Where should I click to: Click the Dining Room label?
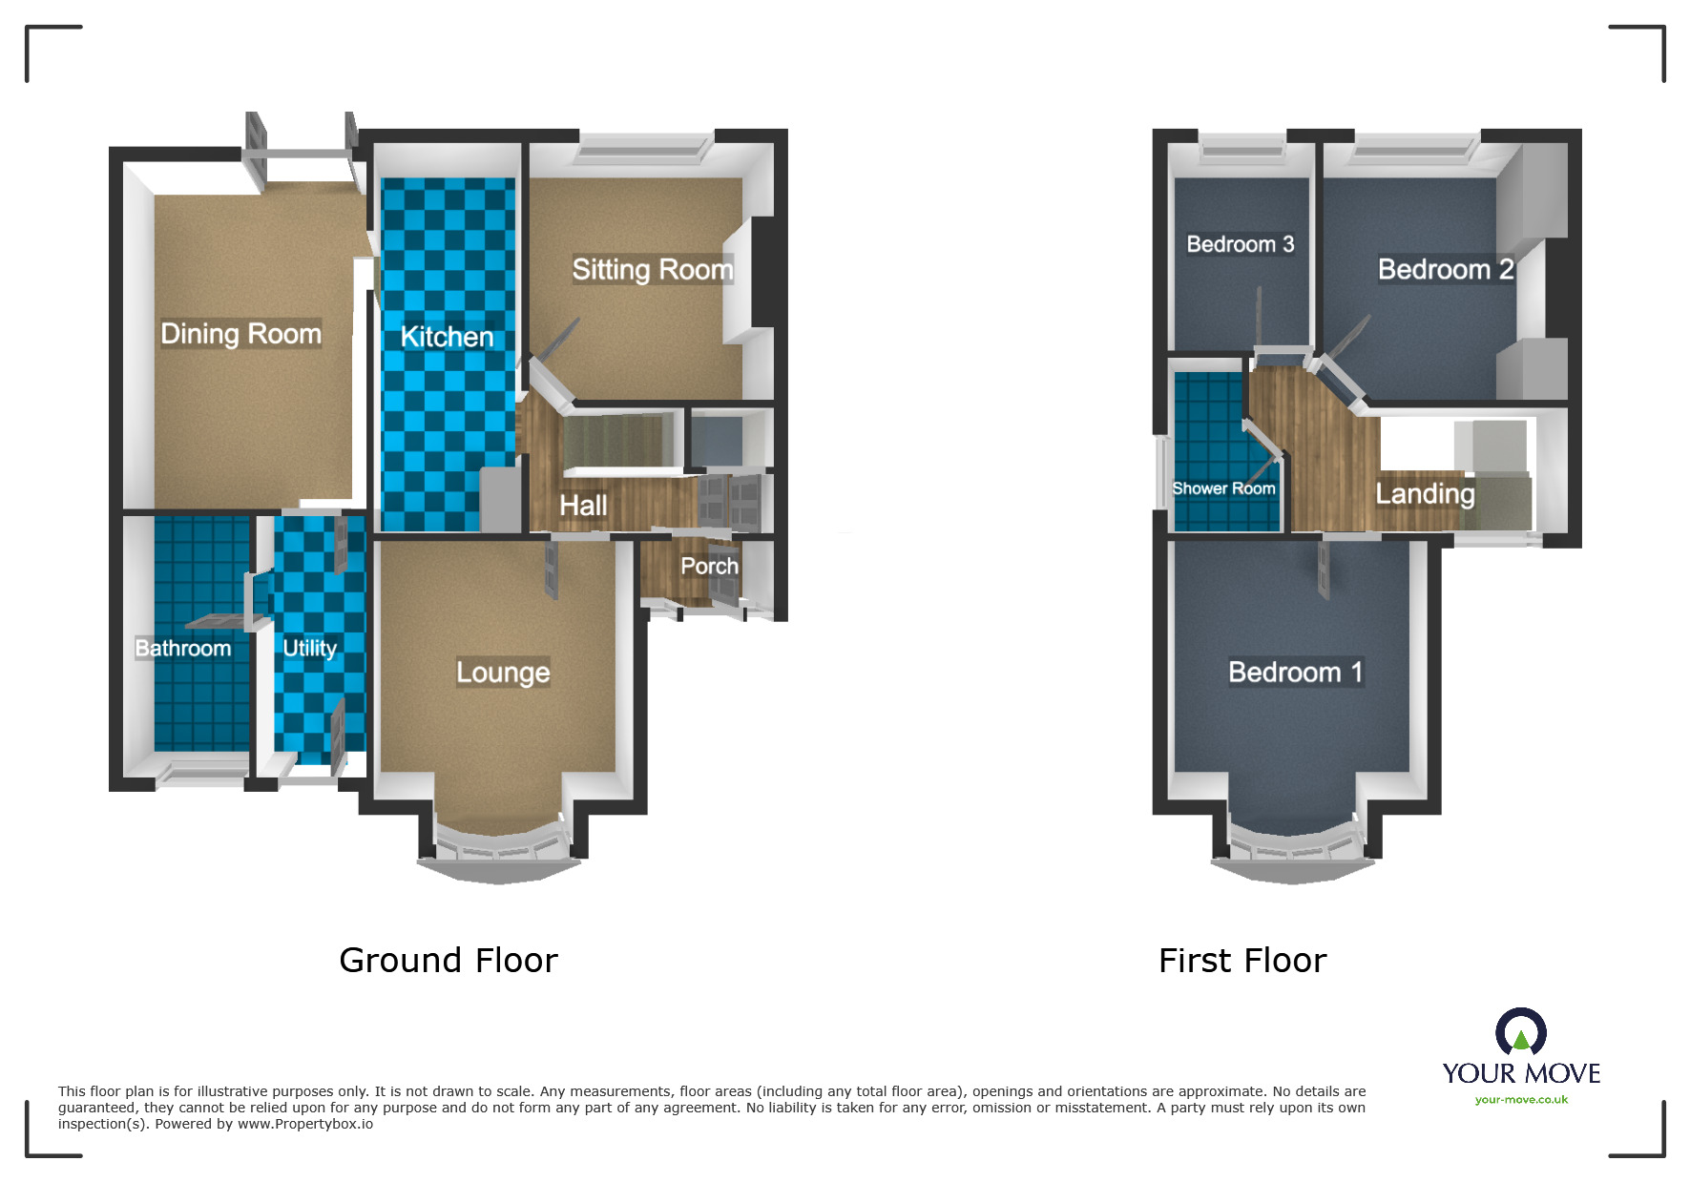click(240, 333)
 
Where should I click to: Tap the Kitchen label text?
click(447, 337)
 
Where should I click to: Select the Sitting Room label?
click(653, 270)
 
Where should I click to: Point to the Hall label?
click(583, 505)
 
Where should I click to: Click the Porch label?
click(709, 566)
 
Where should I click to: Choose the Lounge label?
click(503, 672)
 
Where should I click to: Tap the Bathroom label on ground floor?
click(183, 649)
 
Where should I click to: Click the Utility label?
click(310, 648)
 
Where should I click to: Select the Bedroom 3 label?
click(1240, 244)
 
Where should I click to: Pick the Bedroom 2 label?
click(1446, 270)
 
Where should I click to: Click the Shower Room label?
click(1223, 488)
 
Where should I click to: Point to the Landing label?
click(1425, 493)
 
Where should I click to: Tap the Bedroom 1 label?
click(1295, 672)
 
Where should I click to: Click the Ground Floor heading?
click(449, 960)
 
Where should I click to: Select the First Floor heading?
click(1242, 960)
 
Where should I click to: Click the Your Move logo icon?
click(1521, 1032)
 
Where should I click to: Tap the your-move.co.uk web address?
click(1521, 1100)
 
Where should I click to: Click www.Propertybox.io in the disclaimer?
click(305, 1124)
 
